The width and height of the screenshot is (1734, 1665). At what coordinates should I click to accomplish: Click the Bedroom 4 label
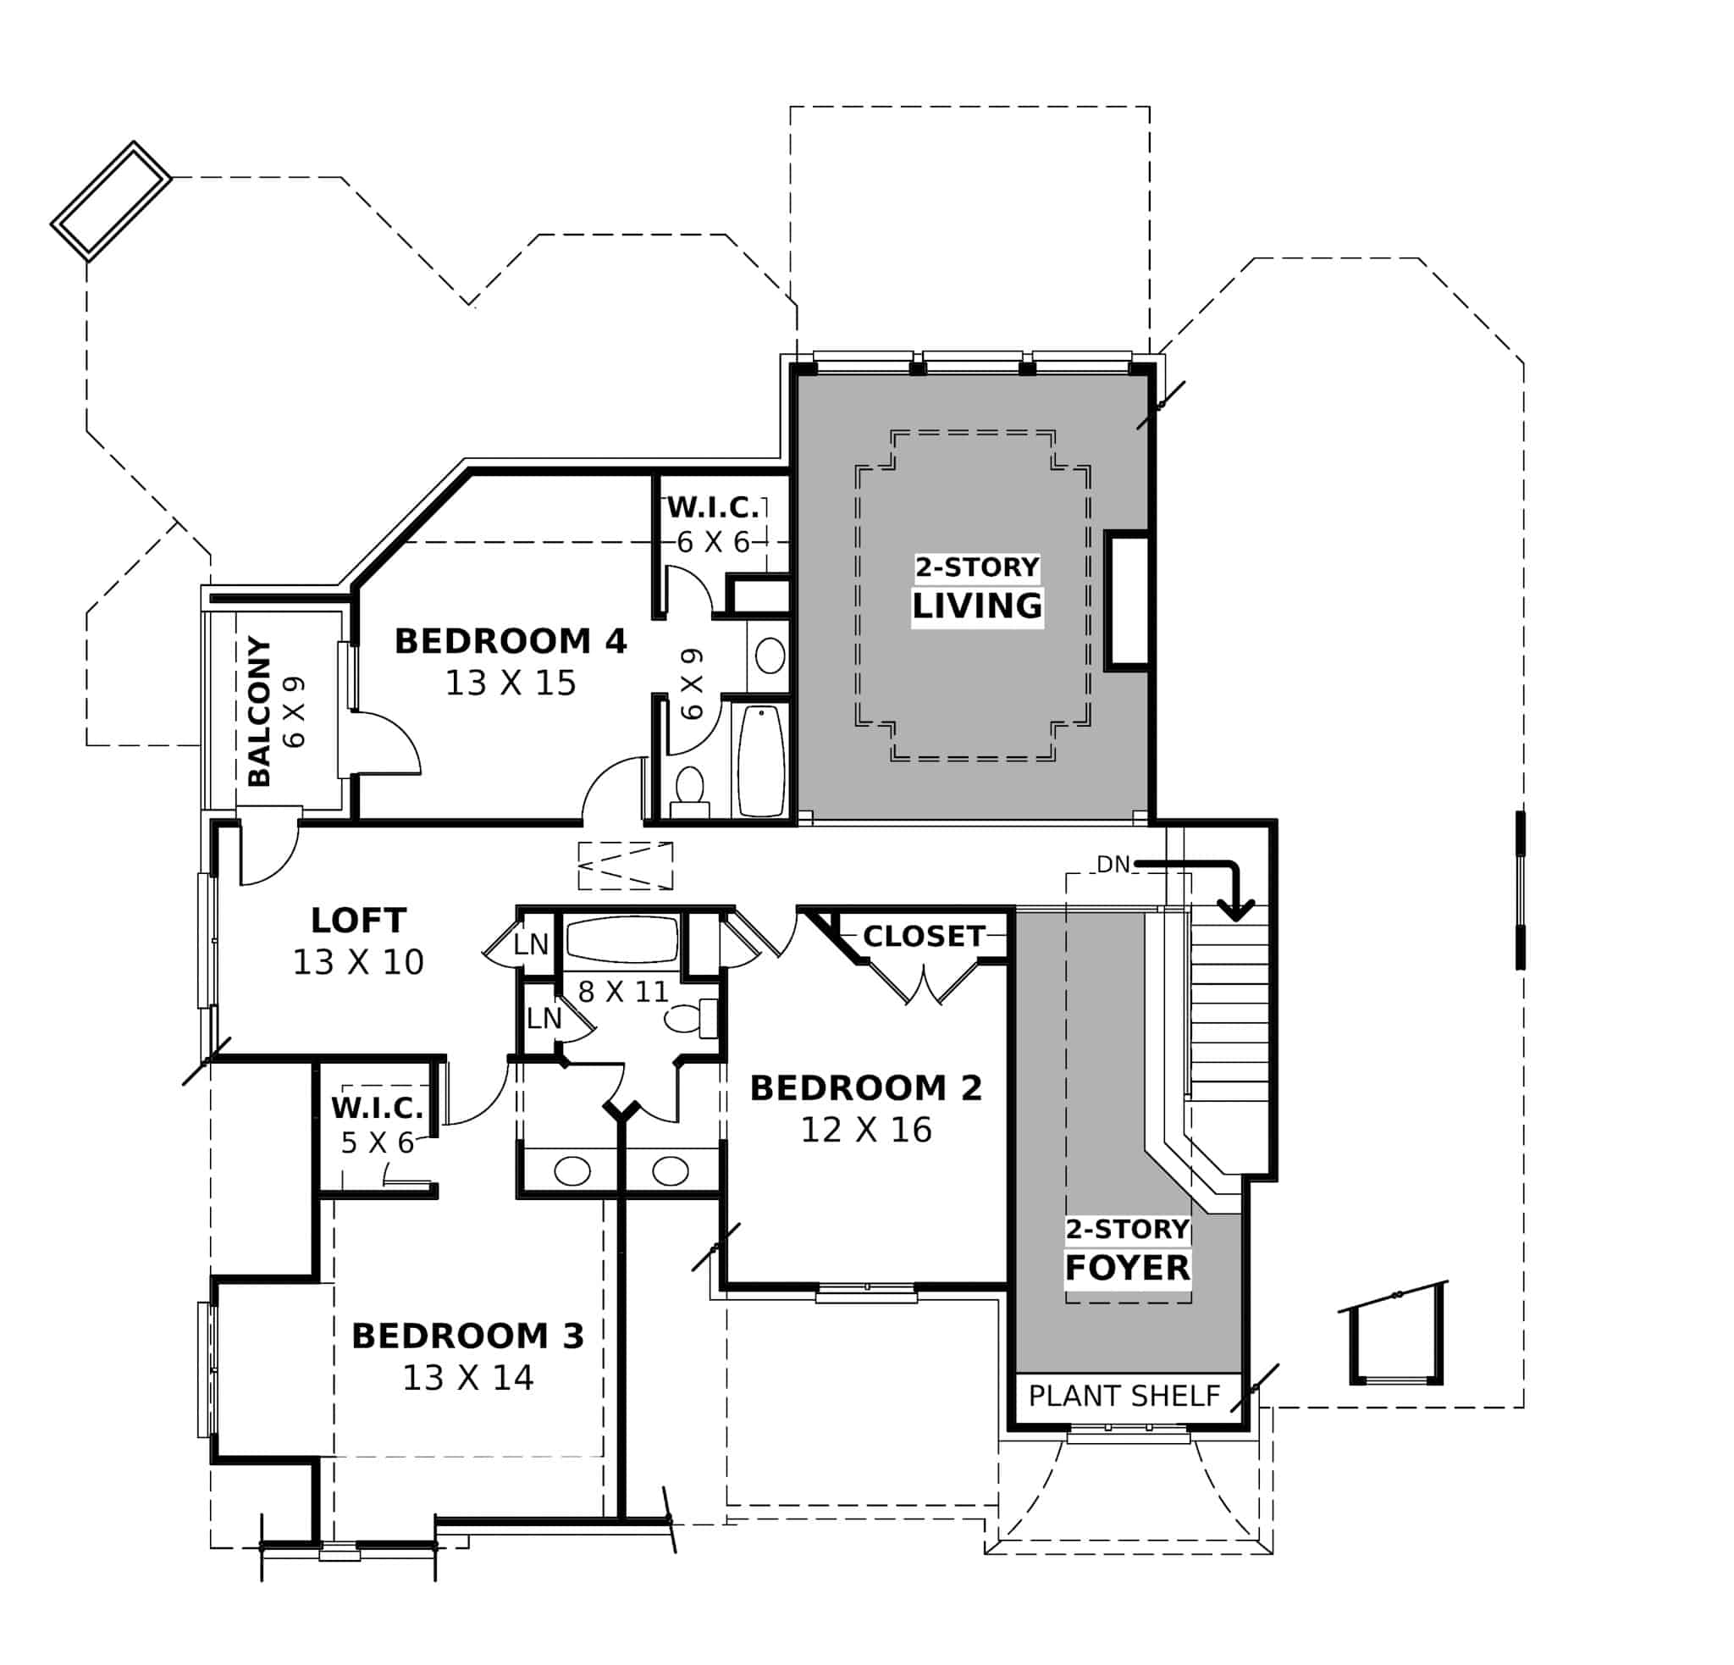[x=511, y=640]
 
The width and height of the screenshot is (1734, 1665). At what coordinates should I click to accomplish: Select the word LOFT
[x=358, y=920]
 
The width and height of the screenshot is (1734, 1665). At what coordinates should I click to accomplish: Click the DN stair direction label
[x=1113, y=865]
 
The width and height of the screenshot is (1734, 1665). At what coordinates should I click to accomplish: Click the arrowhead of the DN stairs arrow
[x=1236, y=910]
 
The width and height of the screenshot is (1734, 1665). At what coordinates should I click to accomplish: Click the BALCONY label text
[x=259, y=711]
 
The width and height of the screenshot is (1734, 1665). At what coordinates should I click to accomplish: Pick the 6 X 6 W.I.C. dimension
[x=713, y=541]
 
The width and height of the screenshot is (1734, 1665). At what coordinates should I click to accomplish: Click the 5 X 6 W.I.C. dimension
[x=378, y=1143]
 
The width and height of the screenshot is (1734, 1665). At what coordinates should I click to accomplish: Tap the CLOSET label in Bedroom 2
[x=924, y=936]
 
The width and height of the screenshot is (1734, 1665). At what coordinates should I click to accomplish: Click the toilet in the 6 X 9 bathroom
[x=689, y=790]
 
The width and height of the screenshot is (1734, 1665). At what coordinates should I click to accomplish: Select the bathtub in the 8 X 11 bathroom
[x=622, y=938]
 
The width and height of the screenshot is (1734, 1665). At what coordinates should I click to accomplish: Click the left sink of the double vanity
[x=572, y=1170]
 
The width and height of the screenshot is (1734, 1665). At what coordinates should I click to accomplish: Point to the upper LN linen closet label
[x=531, y=944]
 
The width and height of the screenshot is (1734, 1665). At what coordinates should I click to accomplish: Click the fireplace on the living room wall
[x=1127, y=600]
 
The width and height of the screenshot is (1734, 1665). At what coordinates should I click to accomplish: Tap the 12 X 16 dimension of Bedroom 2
[x=866, y=1130]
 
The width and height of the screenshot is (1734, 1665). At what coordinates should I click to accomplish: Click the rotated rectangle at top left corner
[x=111, y=201]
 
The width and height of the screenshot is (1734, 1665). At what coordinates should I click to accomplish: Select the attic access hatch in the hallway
[x=626, y=866]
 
